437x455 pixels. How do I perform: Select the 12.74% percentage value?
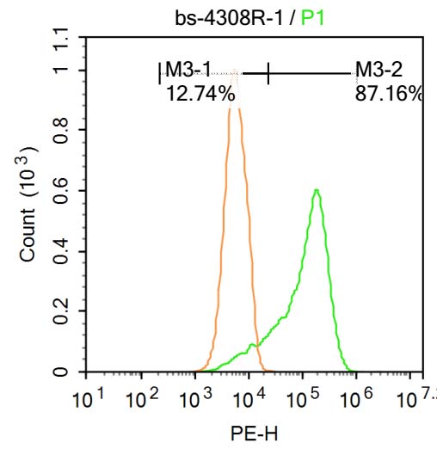(x=200, y=94)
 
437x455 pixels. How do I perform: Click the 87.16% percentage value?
(x=388, y=94)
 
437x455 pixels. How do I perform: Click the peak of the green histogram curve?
(x=317, y=190)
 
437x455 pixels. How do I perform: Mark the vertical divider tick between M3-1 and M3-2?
(x=268, y=75)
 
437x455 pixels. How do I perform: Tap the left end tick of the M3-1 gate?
(x=159, y=75)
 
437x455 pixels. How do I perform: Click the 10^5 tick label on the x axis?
(x=302, y=398)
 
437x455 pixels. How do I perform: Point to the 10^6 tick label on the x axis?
(x=355, y=398)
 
